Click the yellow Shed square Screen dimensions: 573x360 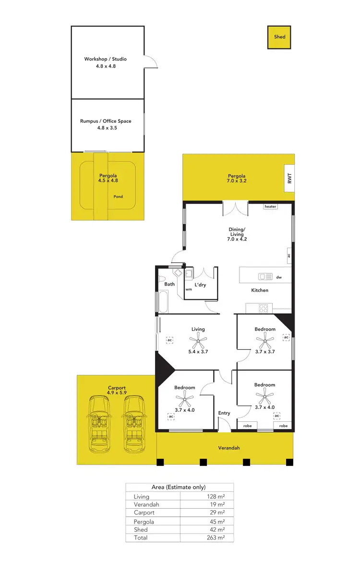click(279, 37)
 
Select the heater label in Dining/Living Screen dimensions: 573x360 click(271, 206)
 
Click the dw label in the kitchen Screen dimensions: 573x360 click(279, 277)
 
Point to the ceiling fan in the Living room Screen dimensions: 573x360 click(198, 342)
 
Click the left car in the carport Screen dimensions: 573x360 click(100, 424)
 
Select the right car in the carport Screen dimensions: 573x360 click(134, 424)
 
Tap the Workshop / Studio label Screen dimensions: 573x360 click(106, 59)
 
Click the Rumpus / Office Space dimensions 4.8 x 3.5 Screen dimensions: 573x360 click(106, 128)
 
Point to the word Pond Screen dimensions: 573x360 click(118, 197)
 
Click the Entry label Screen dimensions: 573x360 click(224, 413)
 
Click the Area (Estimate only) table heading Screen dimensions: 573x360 click(179, 487)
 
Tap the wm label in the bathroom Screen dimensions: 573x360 click(189, 290)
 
